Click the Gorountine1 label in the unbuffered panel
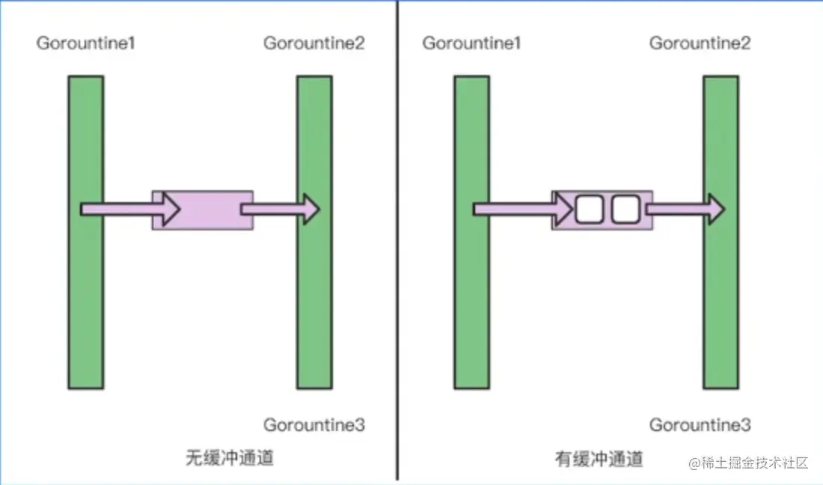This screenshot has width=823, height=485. click(x=85, y=43)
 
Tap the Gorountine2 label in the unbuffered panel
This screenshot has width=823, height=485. click(x=314, y=43)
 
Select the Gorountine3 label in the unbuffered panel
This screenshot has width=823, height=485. click(x=314, y=425)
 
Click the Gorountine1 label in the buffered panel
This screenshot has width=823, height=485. click(x=471, y=43)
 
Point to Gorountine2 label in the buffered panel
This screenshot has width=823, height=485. click(x=700, y=43)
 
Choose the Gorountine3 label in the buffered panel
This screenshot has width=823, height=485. click(x=700, y=425)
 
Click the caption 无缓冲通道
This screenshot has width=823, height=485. click(x=230, y=457)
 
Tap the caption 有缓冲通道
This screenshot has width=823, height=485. click(x=599, y=457)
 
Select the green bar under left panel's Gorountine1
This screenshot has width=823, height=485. click(x=85, y=299)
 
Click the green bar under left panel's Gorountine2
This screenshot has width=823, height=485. click(x=314, y=299)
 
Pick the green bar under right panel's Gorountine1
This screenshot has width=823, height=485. click(x=471, y=299)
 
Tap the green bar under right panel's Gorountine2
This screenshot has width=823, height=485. click(x=720, y=299)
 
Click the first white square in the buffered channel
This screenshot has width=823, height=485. click(x=590, y=210)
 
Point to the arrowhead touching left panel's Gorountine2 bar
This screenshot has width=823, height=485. click(x=310, y=209)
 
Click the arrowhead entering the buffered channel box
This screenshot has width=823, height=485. click(x=565, y=210)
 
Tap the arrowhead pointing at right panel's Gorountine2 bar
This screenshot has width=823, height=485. click(x=715, y=210)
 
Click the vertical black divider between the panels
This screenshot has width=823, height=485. click(x=397, y=240)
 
